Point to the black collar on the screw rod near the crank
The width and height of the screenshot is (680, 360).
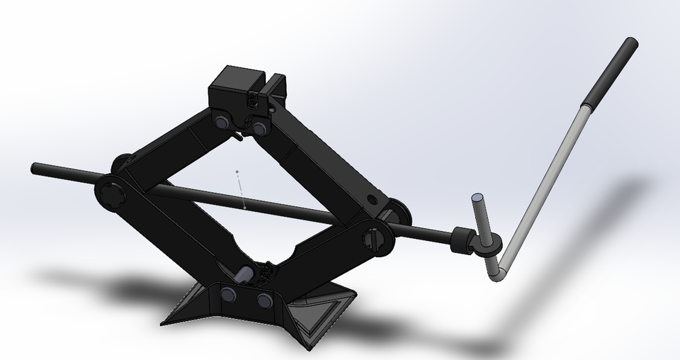point(463,240)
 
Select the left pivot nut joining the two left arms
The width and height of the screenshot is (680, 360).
point(110,193)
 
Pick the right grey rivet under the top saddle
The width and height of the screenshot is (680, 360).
point(259,129)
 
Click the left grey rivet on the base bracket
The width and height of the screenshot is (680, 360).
point(229,293)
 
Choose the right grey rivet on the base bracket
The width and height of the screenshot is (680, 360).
point(264,300)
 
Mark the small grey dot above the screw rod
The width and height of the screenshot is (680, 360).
point(237,172)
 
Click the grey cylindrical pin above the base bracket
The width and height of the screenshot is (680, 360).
point(245,273)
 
